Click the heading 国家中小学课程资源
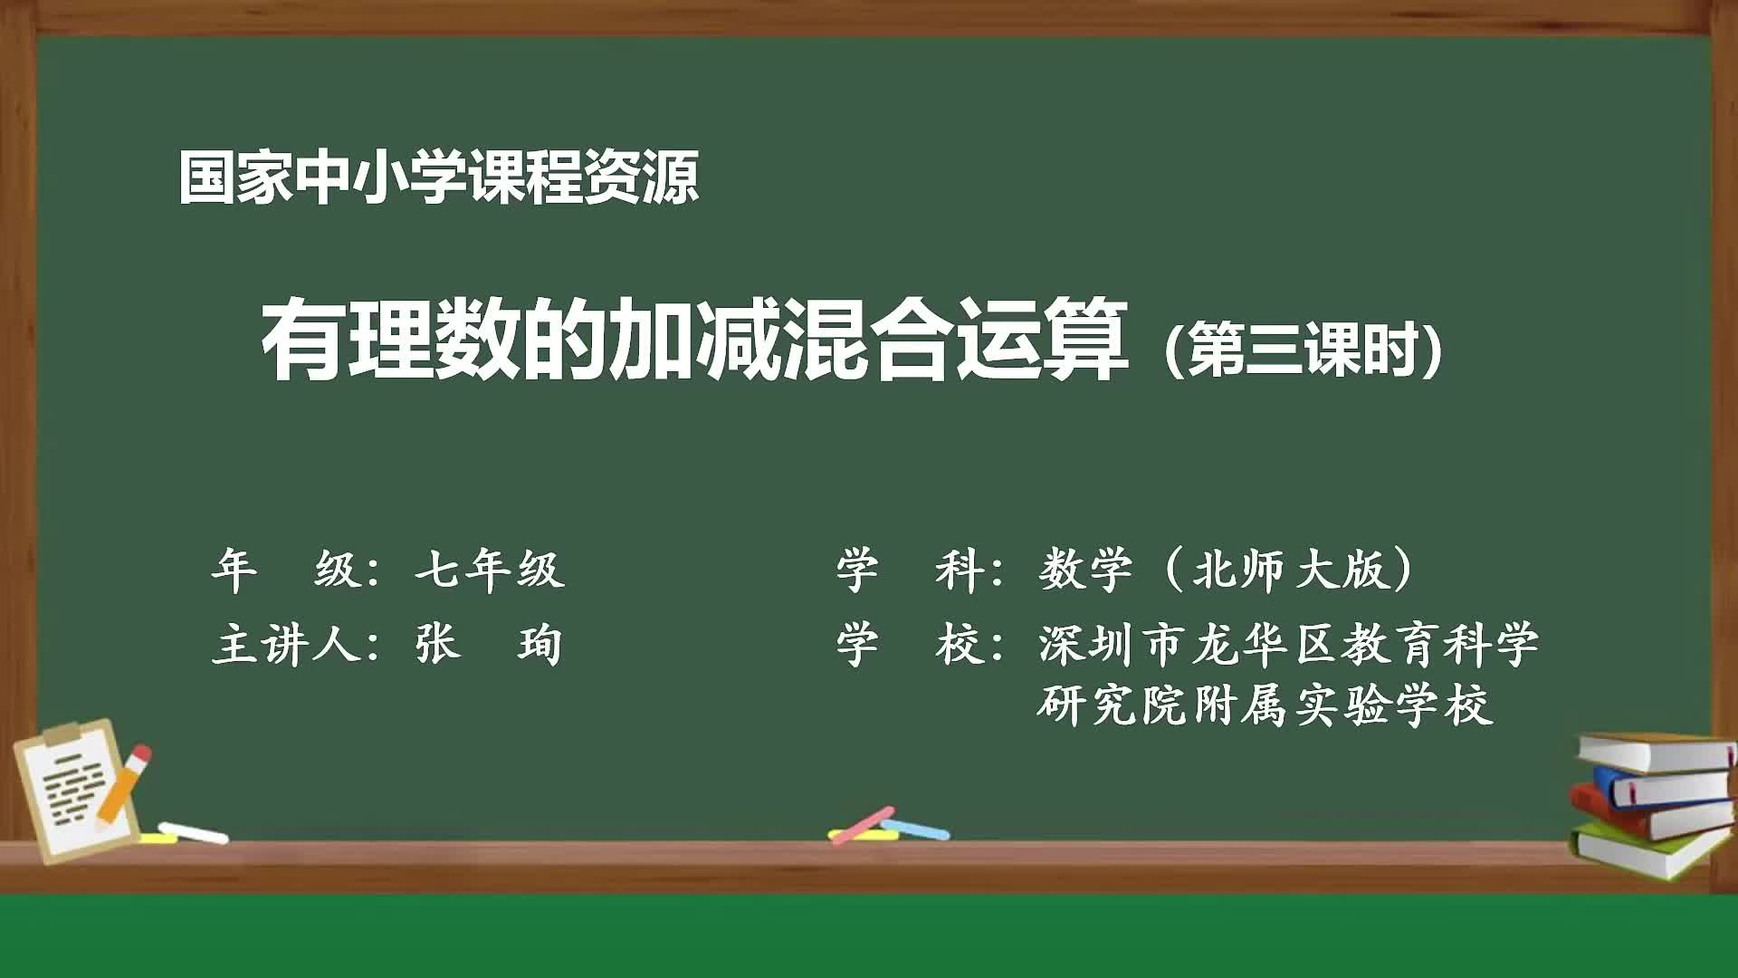point(438,177)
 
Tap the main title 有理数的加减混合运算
point(695,340)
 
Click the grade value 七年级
point(490,570)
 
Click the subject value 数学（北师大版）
point(1227,570)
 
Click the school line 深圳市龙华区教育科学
point(1288,645)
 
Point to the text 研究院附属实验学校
point(1264,705)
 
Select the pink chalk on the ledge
point(861,825)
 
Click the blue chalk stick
point(916,829)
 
